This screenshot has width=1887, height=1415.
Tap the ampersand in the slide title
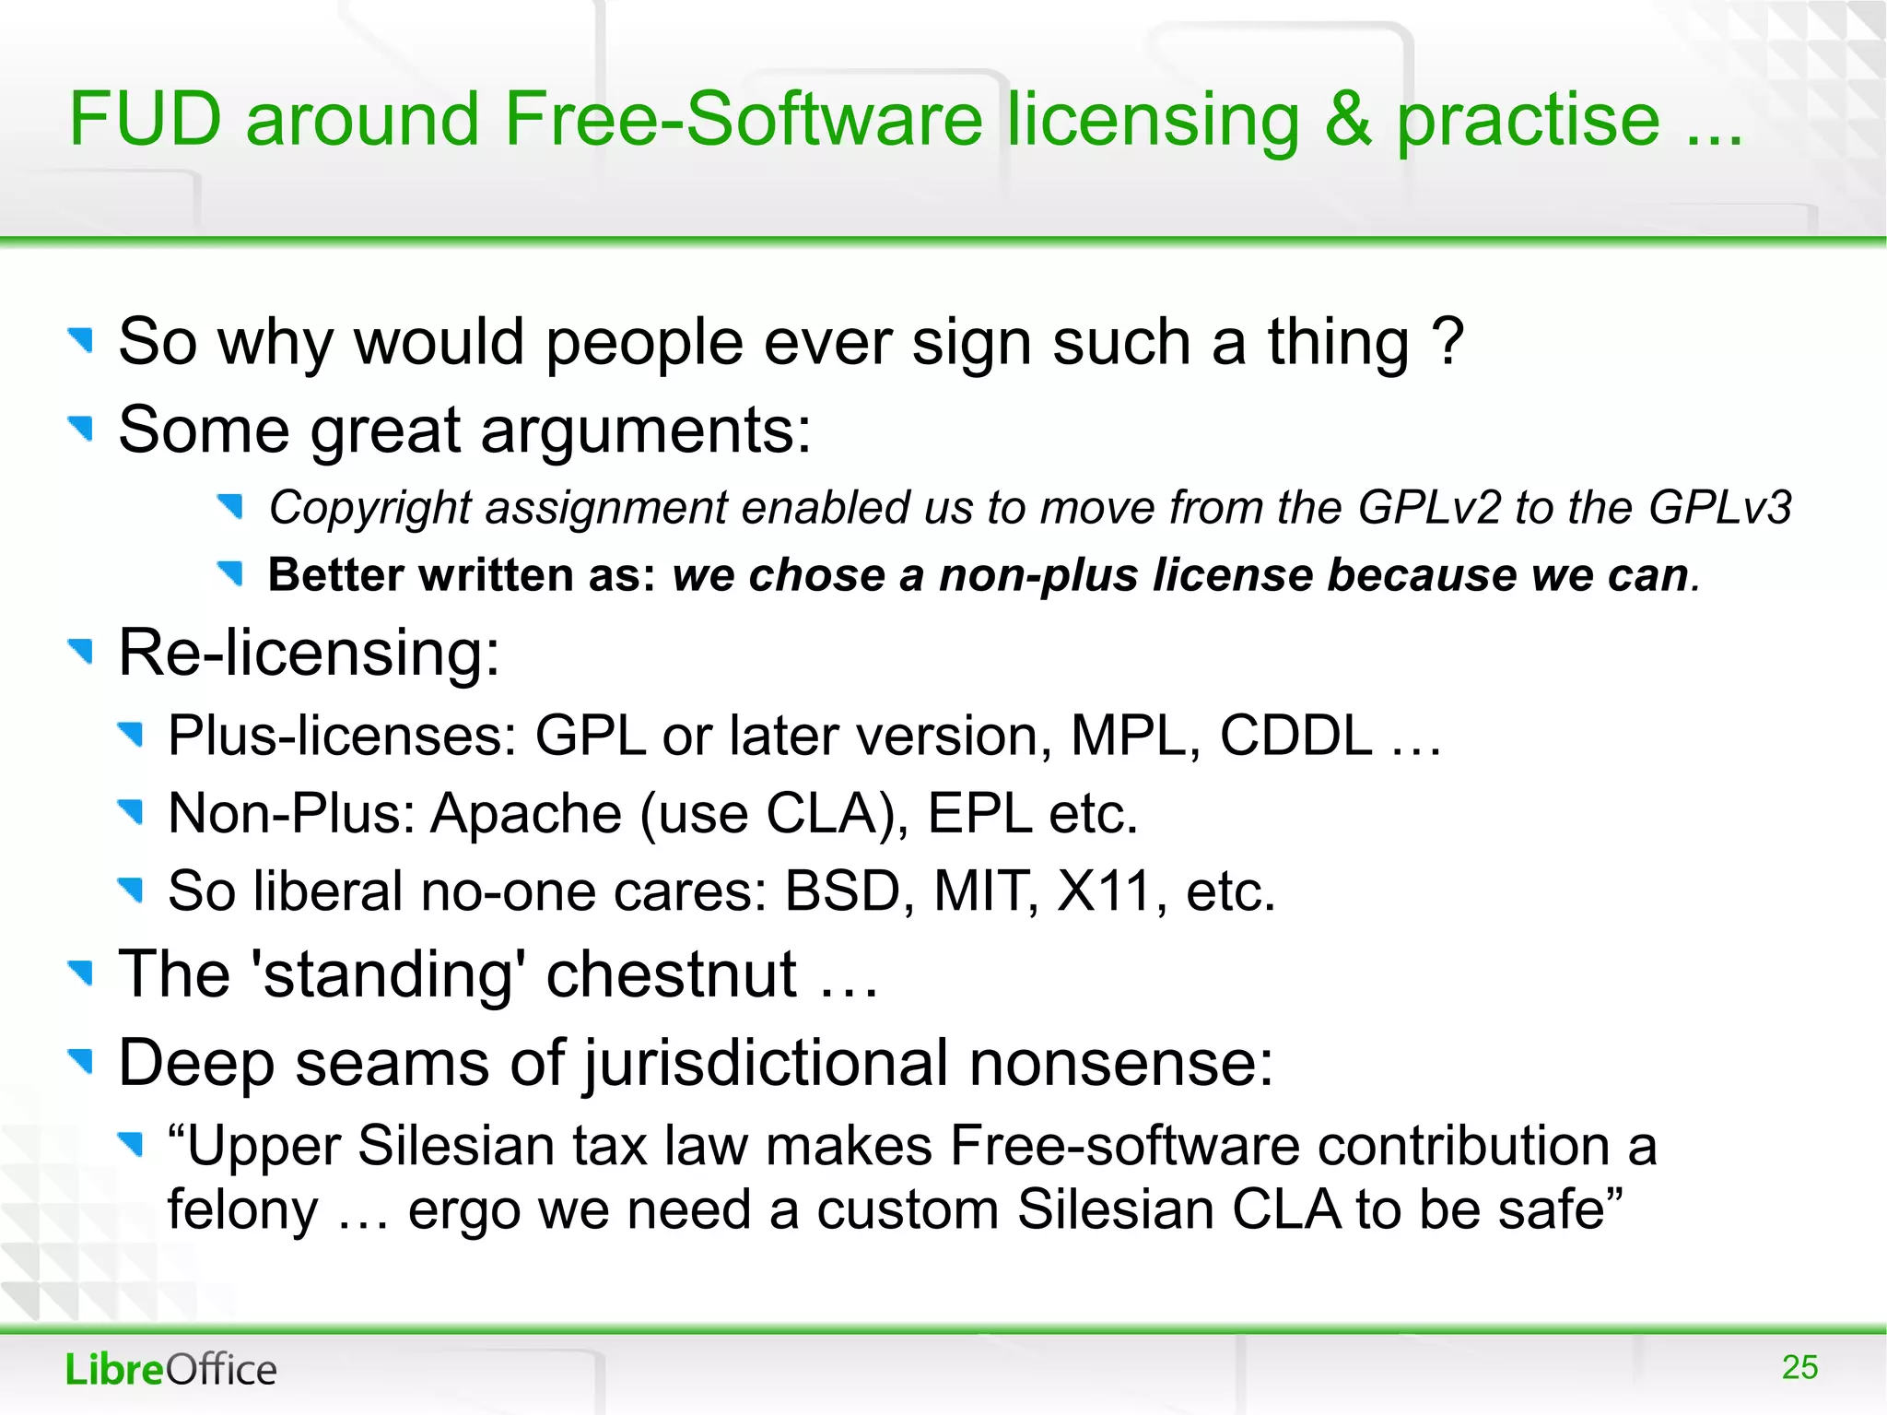pos(1347,120)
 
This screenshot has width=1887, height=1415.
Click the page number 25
pos(1799,1367)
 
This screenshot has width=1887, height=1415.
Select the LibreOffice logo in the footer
pos(170,1370)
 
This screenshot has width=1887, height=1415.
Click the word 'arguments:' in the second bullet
pos(646,430)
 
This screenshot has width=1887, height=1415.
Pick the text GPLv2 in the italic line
pos(1429,508)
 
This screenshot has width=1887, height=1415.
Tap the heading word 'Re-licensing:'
pos(309,653)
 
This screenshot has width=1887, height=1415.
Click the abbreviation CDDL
pos(1295,736)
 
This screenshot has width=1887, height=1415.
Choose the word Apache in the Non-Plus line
pos(526,814)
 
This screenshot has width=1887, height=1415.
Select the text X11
pos(1104,891)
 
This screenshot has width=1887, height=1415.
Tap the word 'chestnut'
pos(671,974)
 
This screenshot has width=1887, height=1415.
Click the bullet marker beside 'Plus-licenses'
pos(132,735)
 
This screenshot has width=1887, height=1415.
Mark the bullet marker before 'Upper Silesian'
pos(132,1145)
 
